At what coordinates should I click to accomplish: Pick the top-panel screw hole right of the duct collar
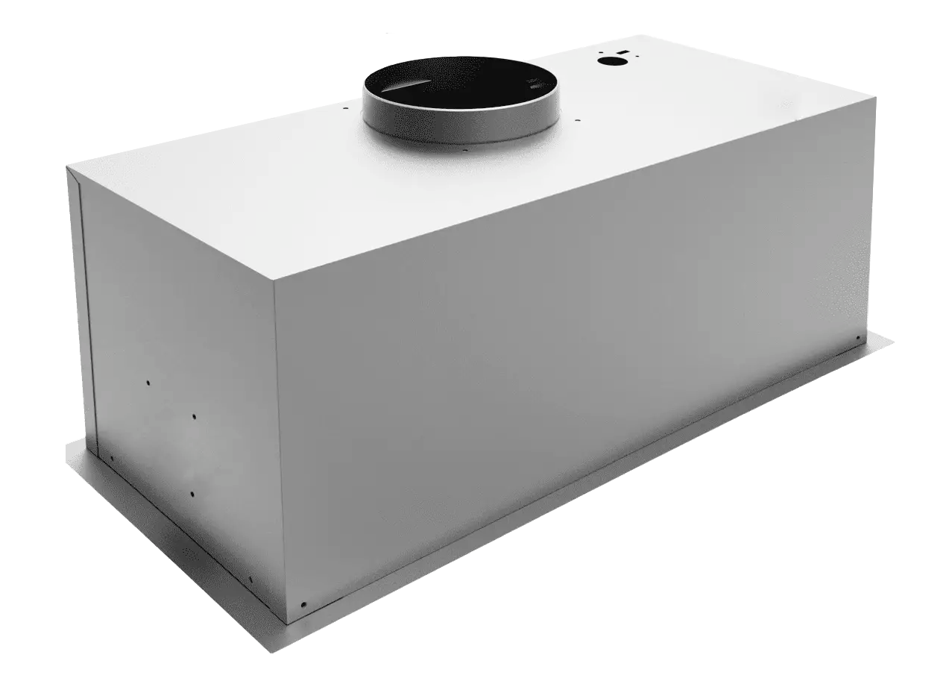(x=579, y=116)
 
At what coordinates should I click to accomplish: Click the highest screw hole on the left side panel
(x=148, y=383)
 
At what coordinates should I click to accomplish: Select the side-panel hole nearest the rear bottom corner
(x=111, y=458)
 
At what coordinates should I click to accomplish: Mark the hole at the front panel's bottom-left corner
(x=302, y=604)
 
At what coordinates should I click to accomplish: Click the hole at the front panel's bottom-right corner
(x=858, y=339)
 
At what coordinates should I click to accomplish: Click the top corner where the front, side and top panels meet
(x=274, y=285)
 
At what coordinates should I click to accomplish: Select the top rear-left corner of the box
(x=68, y=167)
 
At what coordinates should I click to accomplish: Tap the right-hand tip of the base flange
(x=892, y=341)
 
